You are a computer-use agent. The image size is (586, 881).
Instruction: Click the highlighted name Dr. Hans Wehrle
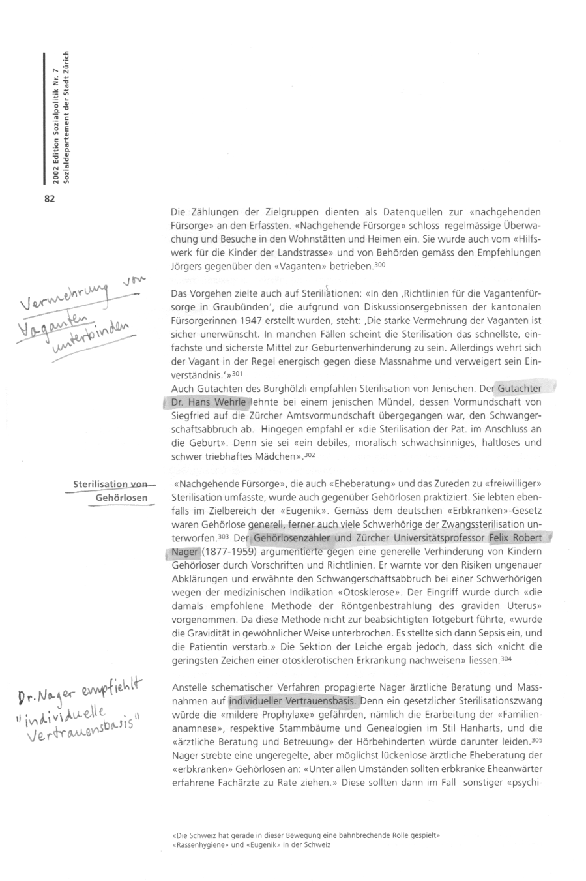[x=206, y=402]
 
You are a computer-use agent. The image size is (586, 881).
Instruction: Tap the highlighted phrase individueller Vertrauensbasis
[x=295, y=701]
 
